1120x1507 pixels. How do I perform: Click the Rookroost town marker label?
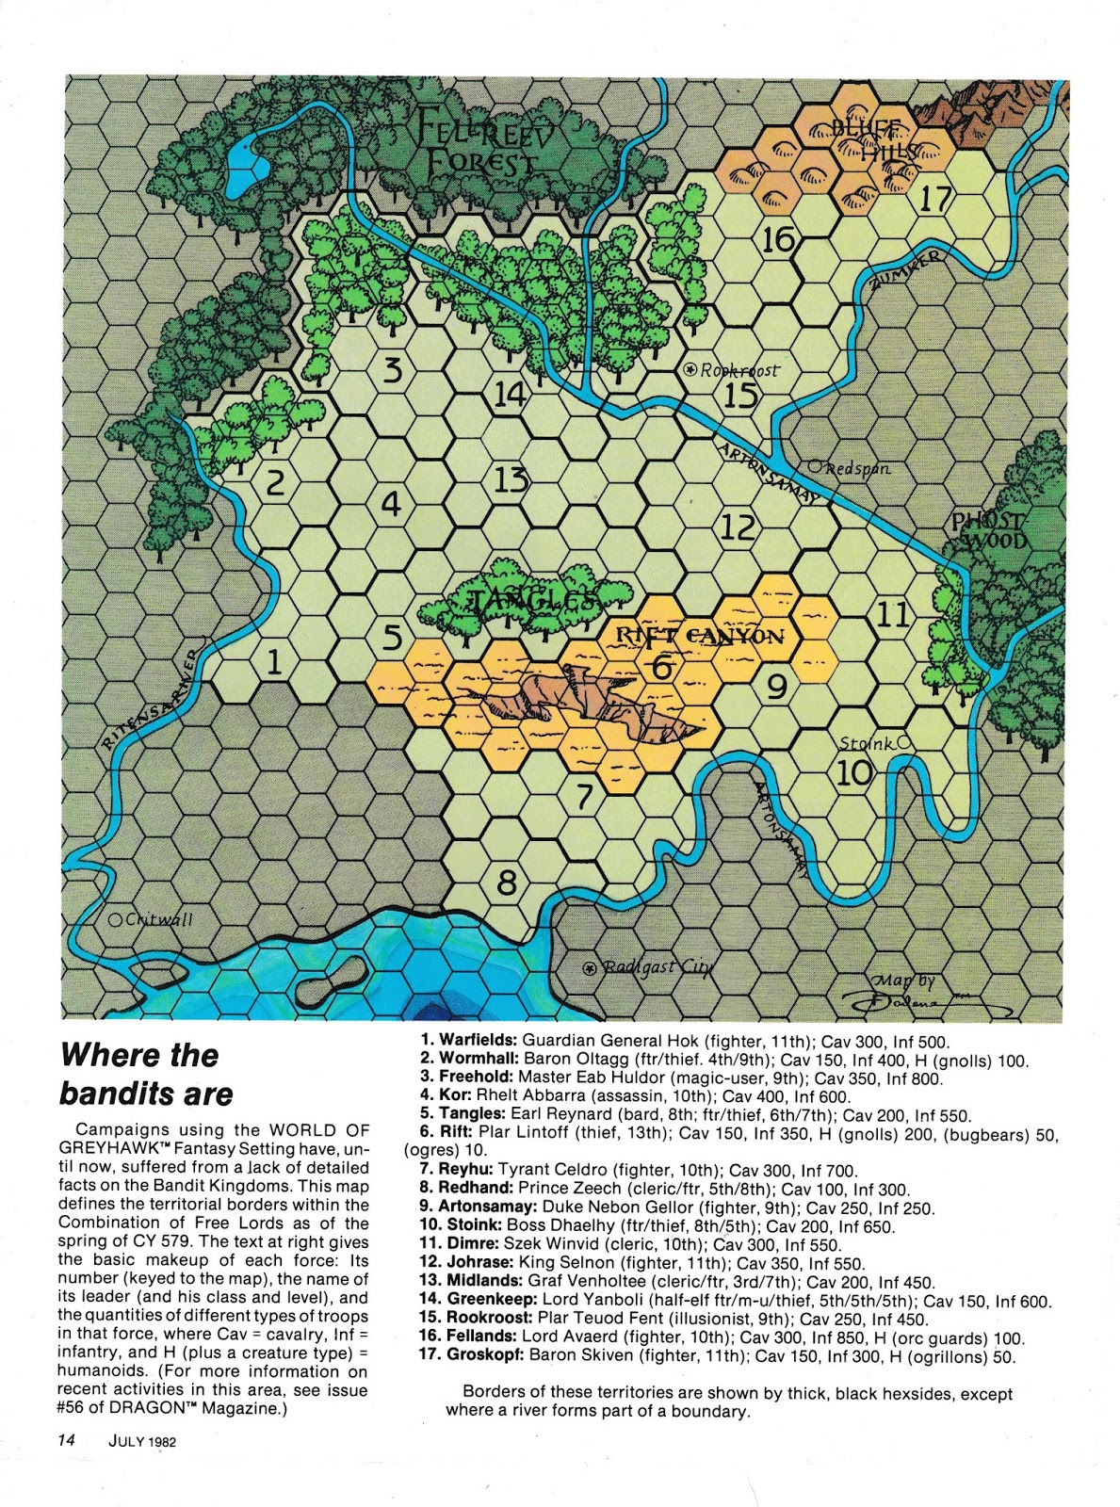739,370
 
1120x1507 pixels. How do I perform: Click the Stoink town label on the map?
866,744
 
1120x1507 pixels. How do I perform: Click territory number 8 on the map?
507,883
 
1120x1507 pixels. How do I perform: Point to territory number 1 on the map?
273,662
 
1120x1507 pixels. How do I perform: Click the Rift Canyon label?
700,636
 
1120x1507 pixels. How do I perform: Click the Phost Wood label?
987,530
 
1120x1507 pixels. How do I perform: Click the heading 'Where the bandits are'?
146,1074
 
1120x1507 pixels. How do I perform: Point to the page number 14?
66,1439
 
